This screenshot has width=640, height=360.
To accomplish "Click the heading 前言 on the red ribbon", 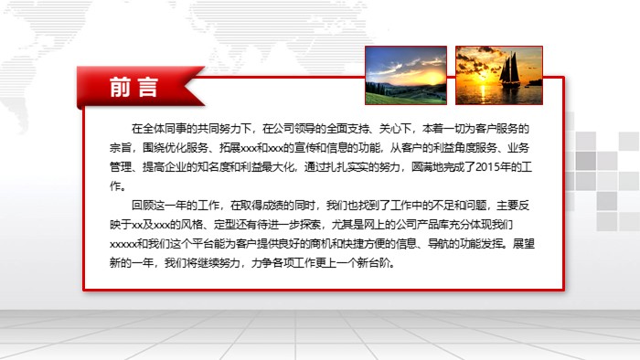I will [x=133, y=87].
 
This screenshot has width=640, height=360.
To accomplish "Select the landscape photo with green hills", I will [x=405, y=74].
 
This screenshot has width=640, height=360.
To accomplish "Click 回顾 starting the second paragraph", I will [x=141, y=205].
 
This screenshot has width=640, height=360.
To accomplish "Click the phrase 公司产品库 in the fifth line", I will [x=423, y=225].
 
